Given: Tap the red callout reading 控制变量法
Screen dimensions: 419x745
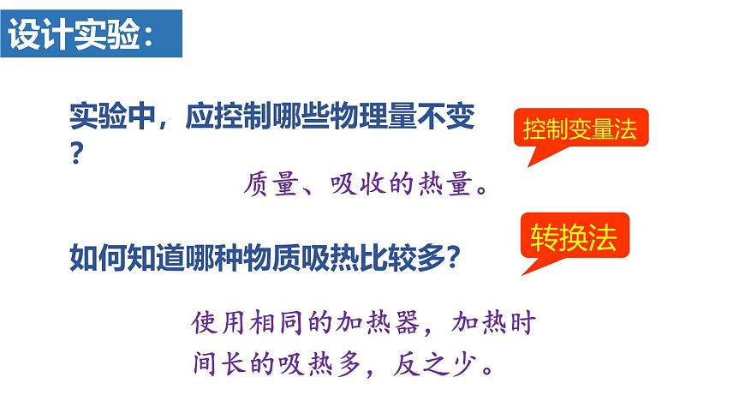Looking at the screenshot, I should tap(581, 130).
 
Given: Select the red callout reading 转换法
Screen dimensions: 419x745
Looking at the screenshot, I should tap(573, 235).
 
